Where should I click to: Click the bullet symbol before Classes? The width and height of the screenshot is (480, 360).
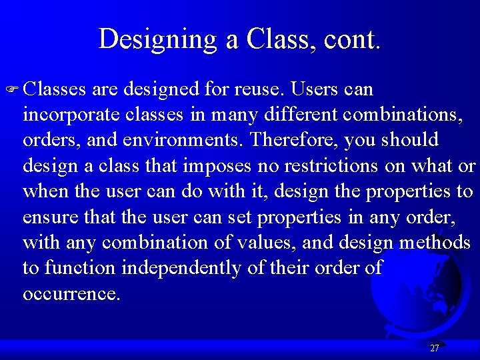(14, 89)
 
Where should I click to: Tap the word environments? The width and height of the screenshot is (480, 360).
(183, 141)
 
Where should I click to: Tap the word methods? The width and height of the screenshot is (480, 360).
(435, 243)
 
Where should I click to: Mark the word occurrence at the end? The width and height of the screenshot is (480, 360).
(71, 294)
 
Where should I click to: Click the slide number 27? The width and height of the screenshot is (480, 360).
(435, 348)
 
